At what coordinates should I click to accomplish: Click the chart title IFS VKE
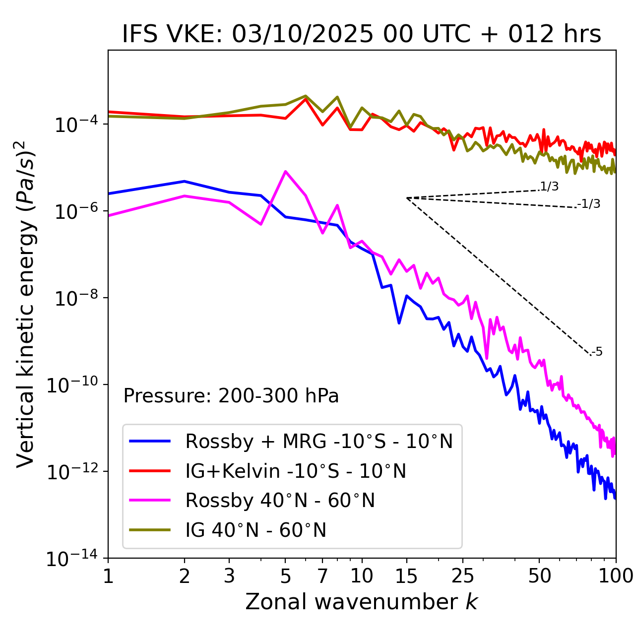362,35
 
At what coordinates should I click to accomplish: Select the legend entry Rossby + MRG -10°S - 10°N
318,441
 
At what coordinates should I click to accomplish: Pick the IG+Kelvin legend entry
295,471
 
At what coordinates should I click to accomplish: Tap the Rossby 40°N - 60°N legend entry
280,501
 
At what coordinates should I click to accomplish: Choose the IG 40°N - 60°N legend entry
255,530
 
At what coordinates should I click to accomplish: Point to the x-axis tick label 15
406,576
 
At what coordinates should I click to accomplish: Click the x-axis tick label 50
539,576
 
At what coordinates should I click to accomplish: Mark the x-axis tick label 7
322,576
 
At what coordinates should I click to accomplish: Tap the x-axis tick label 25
463,576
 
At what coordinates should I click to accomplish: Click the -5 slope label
597,352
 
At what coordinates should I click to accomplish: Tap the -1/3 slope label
589,204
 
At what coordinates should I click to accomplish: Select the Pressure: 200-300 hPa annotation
231,396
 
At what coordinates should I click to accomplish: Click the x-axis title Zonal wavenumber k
361,602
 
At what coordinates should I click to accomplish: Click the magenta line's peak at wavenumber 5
285,171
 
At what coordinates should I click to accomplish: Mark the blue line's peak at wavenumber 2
185,181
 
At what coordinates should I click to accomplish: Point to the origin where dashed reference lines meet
407,198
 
